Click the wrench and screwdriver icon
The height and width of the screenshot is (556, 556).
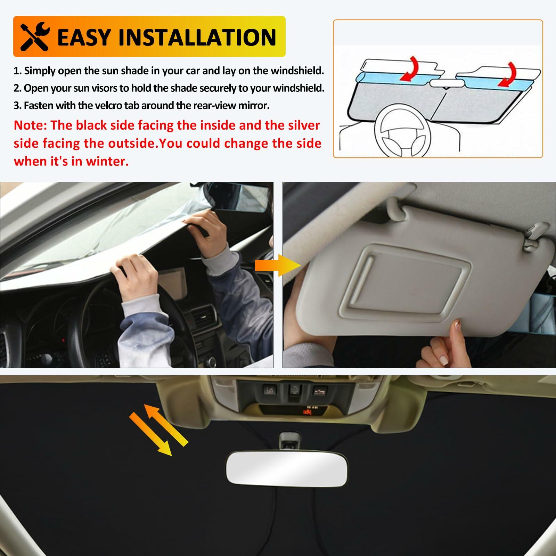[35, 36]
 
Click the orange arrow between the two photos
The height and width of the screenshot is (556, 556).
[278, 265]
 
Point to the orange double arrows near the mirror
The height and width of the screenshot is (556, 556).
[158, 429]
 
